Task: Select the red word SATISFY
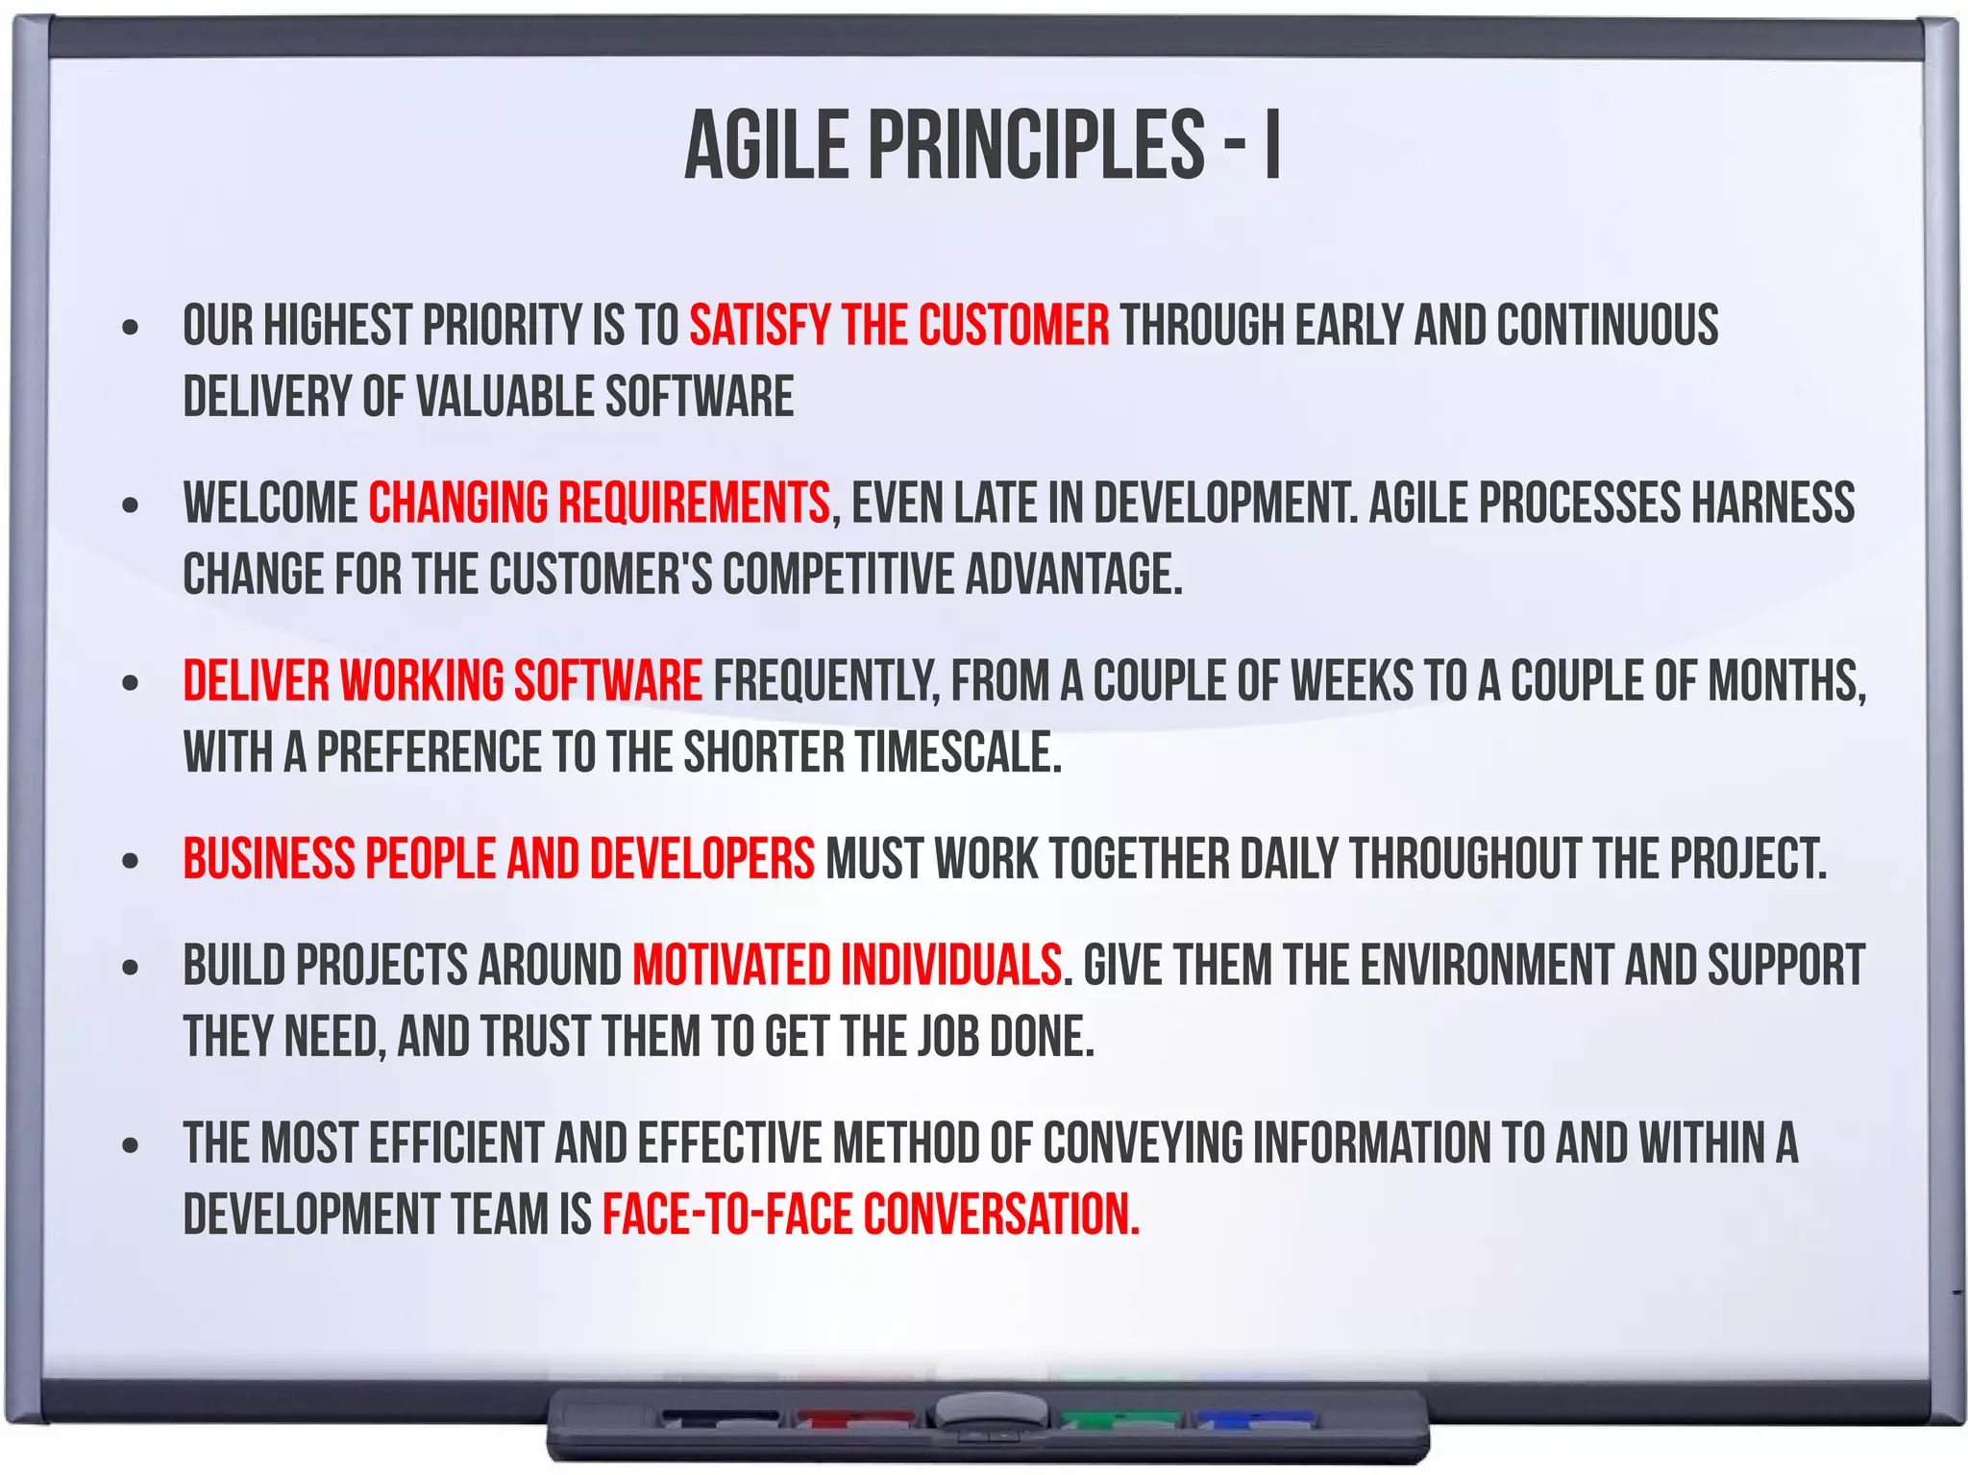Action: click(759, 325)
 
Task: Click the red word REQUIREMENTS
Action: click(694, 503)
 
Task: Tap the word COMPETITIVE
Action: click(838, 575)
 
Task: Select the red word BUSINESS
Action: click(268, 859)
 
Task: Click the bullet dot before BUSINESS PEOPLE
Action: click(131, 861)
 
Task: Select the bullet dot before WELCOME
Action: click(131, 504)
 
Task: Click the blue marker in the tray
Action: click(1254, 1418)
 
